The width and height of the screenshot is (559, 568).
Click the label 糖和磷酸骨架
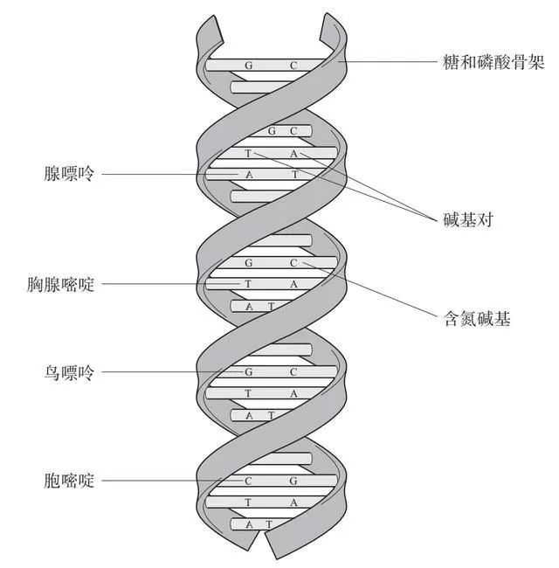coord(493,62)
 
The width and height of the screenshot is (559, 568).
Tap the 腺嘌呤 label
coord(69,174)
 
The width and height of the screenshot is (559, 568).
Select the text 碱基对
coord(468,219)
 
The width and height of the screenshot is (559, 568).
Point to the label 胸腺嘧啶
coord(60,284)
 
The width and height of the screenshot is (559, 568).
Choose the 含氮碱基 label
coord(477,319)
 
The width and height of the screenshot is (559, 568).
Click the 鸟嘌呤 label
coord(69,372)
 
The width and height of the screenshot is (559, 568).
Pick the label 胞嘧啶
coord(69,481)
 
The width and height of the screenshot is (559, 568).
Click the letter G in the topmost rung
coord(248,66)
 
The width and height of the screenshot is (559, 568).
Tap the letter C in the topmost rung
coord(293,66)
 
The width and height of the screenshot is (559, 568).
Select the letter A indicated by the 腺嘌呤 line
coord(249,175)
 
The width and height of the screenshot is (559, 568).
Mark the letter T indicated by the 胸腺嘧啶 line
coord(248,284)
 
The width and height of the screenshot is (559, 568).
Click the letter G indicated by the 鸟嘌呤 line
coord(248,372)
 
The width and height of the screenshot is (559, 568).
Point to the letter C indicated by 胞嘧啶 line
coord(248,481)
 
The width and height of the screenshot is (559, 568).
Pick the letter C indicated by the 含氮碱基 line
coord(293,263)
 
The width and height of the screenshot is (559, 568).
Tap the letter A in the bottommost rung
coord(249,524)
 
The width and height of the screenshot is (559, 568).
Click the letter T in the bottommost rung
coord(269,524)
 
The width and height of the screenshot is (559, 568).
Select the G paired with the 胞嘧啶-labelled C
coord(293,481)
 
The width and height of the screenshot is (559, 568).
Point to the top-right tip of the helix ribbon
coord(327,14)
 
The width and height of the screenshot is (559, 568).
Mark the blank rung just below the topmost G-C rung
coord(261,87)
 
